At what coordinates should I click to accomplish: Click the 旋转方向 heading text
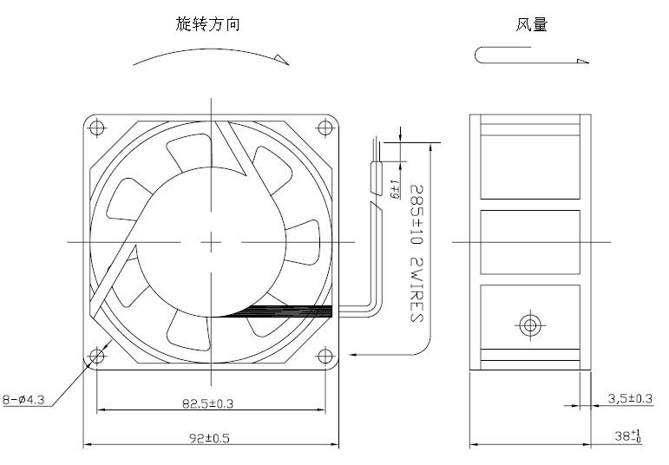pos(208,25)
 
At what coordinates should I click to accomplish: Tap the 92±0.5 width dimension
pos(210,438)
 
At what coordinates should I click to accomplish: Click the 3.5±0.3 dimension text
pos(629,398)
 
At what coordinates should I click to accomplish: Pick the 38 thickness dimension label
pos(627,436)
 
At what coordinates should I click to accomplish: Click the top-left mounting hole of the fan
pos(96,128)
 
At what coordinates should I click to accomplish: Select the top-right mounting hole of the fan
pos(325,128)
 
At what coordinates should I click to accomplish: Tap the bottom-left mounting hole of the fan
pos(96,356)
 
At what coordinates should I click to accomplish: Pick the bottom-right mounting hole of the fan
pos(325,356)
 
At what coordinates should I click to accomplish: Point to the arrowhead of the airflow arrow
pos(582,61)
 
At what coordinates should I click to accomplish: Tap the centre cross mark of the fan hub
pos(211,241)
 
